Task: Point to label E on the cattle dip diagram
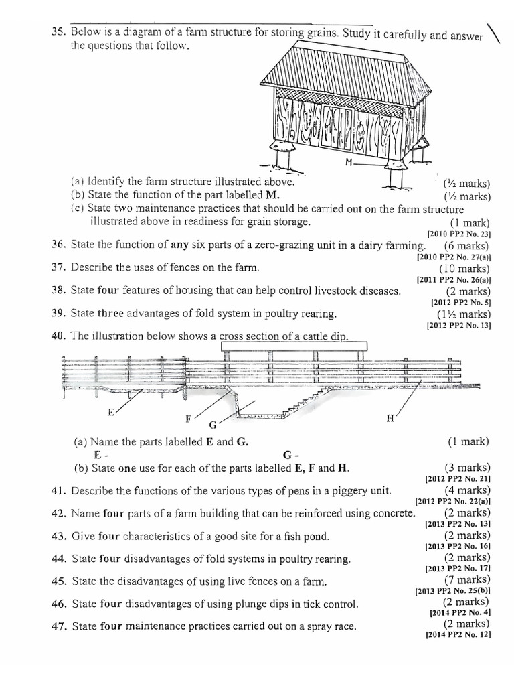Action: (111, 412)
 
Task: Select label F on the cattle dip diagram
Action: (189, 419)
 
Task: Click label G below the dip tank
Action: (213, 425)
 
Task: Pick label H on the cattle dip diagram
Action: (390, 419)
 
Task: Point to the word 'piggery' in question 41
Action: (340, 490)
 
